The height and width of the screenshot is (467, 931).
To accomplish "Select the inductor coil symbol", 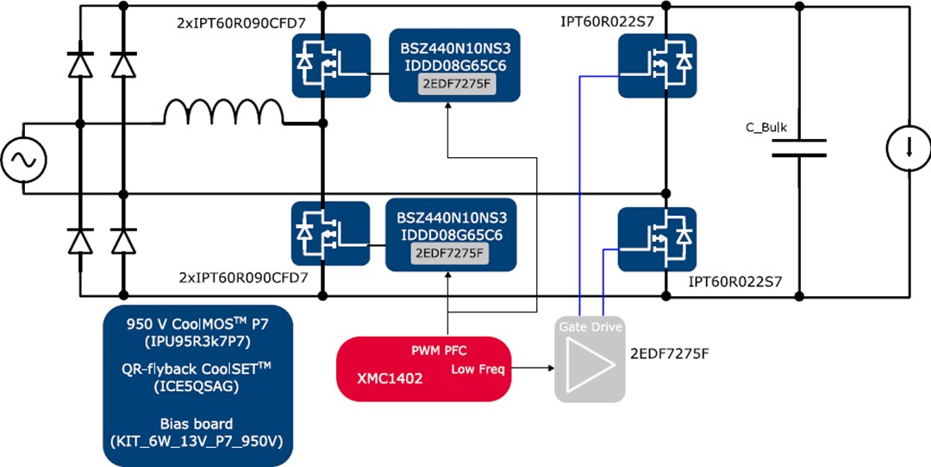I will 223,113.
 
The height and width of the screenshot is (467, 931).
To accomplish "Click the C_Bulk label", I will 765,128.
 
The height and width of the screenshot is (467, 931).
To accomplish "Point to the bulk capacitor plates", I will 799,149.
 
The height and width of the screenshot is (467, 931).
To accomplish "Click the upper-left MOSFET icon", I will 331,65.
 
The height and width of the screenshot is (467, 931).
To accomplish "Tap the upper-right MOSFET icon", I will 657,65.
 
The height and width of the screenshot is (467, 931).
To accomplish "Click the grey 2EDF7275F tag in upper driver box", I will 453,85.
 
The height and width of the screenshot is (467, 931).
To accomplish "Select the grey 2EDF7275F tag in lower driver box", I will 449,253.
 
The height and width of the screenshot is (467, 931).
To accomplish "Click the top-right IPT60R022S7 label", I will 606,17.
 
